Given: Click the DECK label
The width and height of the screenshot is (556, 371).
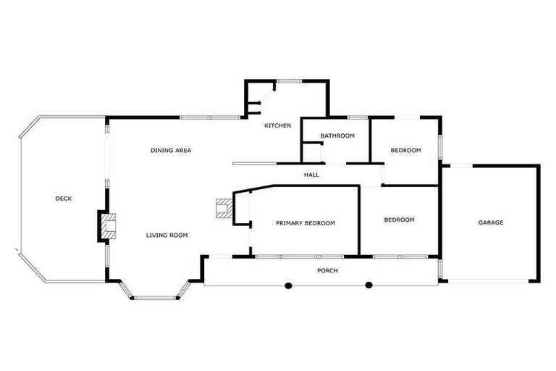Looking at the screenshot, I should point(64,199).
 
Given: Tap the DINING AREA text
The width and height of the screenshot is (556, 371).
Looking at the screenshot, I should point(171,150).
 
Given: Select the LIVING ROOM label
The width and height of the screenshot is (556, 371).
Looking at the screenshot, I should point(167,235).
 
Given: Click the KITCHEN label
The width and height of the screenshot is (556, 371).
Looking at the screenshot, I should point(277,126).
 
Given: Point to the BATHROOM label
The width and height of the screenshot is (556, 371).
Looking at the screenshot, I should point(337,136).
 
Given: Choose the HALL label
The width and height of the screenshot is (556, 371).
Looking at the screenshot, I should point(311,175).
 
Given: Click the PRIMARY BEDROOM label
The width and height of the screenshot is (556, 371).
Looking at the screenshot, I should point(306,223).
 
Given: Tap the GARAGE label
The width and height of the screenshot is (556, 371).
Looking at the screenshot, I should point(490,222).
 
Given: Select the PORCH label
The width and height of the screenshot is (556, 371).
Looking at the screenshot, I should point(328,270).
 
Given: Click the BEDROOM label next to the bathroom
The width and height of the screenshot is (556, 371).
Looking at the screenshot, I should point(405,150).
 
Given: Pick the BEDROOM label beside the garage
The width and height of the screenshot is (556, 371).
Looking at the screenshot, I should point(399,220).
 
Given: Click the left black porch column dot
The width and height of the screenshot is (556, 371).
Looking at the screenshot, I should point(288,285).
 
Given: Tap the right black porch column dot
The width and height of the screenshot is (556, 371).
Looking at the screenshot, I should point(368,285).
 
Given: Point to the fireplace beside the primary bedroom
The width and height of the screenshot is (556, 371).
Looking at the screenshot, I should point(223,209).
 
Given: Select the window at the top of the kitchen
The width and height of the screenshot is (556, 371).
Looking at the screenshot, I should point(290,80).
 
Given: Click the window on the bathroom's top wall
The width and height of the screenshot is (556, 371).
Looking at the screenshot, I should point(358,117).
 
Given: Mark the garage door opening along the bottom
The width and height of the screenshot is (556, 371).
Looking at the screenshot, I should point(490,282).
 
